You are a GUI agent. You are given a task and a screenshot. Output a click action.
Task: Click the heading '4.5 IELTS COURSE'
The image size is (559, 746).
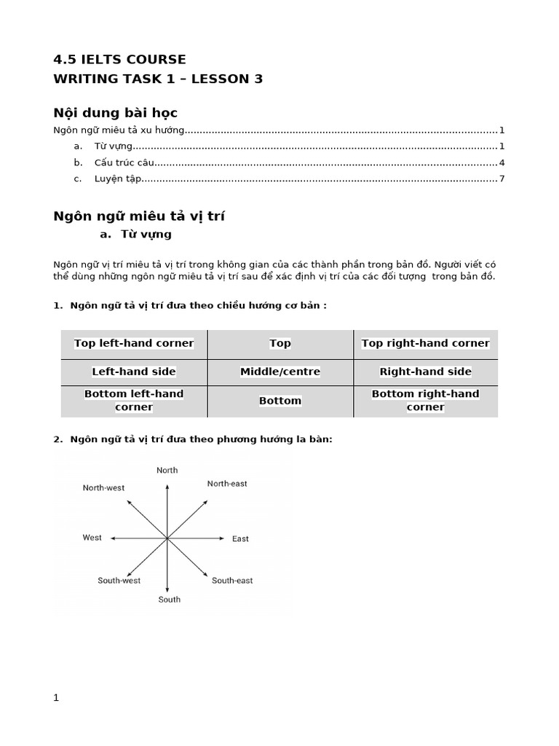pyautogui.click(x=120, y=60)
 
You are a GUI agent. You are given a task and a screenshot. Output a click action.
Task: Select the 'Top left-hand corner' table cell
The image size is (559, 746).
pyautogui.click(x=134, y=343)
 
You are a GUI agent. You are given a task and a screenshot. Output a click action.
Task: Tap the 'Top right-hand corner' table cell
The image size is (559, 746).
pyautogui.click(x=425, y=343)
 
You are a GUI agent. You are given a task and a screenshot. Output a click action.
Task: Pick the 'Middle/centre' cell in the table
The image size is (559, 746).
pyautogui.click(x=279, y=372)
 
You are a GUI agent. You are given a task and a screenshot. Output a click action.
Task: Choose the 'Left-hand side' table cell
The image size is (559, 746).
pyautogui.click(x=134, y=372)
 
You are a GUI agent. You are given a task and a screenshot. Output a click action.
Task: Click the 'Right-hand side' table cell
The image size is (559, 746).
pyautogui.click(x=425, y=372)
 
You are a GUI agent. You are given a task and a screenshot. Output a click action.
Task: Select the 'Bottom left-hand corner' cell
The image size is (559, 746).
pyautogui.click(x=134, y=401)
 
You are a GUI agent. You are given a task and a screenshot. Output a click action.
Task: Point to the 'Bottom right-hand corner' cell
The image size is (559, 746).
pyautogui.click(x=425, y=401)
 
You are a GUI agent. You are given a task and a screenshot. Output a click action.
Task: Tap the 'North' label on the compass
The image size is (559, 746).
pyautogui.click(x=167, y=471)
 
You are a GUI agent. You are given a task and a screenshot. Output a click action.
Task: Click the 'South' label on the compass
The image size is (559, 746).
pyautogui.click(x=169, y=600)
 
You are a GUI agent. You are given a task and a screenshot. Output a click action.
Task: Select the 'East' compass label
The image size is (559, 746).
pyautogui.click(x=240, y=539)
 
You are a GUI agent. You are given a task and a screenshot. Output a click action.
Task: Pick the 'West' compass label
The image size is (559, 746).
pyautogui.click(x=92, y=538)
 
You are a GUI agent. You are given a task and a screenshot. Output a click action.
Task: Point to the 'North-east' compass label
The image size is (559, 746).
pyautogui.click(x=227, y=484)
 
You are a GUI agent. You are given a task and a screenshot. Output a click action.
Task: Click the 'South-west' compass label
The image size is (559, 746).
pyautogui.click(x=119, y=581)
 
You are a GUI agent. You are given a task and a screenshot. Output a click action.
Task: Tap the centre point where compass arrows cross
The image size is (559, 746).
pyautogui.click(x=167, y=538)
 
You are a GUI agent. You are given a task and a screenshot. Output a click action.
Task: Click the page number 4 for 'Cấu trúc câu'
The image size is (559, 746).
pyautogui.click(x=501, y=162)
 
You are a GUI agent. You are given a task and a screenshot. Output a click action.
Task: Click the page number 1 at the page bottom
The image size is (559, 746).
pyautogui.click(x=56, y=697)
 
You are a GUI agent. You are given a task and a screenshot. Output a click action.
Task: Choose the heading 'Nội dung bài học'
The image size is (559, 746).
pyautogui.click(x=116, y=113)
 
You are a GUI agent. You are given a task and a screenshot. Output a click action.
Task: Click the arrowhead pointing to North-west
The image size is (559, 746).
pyautogui.click(x=129, y=502)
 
